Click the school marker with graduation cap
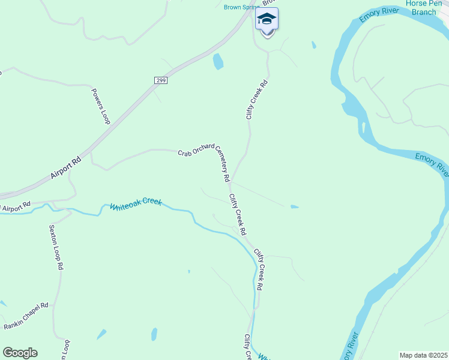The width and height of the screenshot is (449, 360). click(267, 20)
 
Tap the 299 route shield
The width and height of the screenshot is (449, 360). click(160, 80)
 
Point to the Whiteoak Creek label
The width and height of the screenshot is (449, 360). click(136, 205)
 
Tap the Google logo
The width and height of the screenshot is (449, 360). click(20, 353)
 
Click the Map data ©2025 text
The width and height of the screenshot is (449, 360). click(423, 355)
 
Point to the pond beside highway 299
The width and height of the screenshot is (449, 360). click(218, 61)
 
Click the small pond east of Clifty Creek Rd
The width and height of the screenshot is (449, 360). click(294, 207)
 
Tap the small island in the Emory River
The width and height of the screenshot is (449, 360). click(363, 127)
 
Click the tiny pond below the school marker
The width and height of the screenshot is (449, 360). click(313, 45)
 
